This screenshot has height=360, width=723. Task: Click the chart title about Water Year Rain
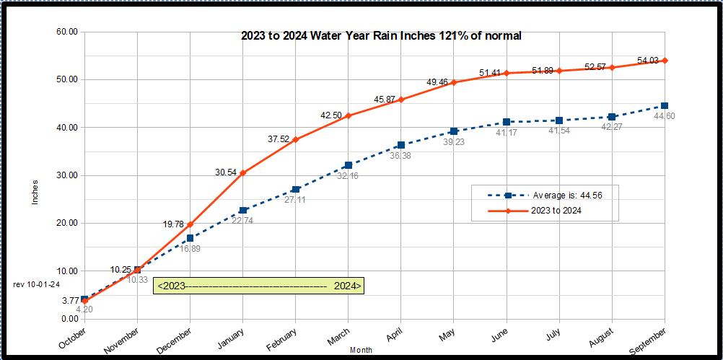pyautogui.click(x=381, y=35)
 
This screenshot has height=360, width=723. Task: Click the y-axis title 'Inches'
pyautogui.click(x=35, y=192)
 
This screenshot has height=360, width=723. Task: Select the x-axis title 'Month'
pyautogui.click(x=361, y=350)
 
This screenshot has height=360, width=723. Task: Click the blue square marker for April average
pyautogui.click(x=401, y=145)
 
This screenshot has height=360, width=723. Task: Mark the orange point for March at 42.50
pyautogui.click(x=349, y=115)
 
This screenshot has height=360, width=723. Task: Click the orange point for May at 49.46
pyautogui.click(x=454, y=82)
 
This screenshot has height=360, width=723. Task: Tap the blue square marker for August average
pyautogui.click(x=612, y=117)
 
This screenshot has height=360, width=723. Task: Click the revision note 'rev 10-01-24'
pyautogui.click(x=36, y=284)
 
